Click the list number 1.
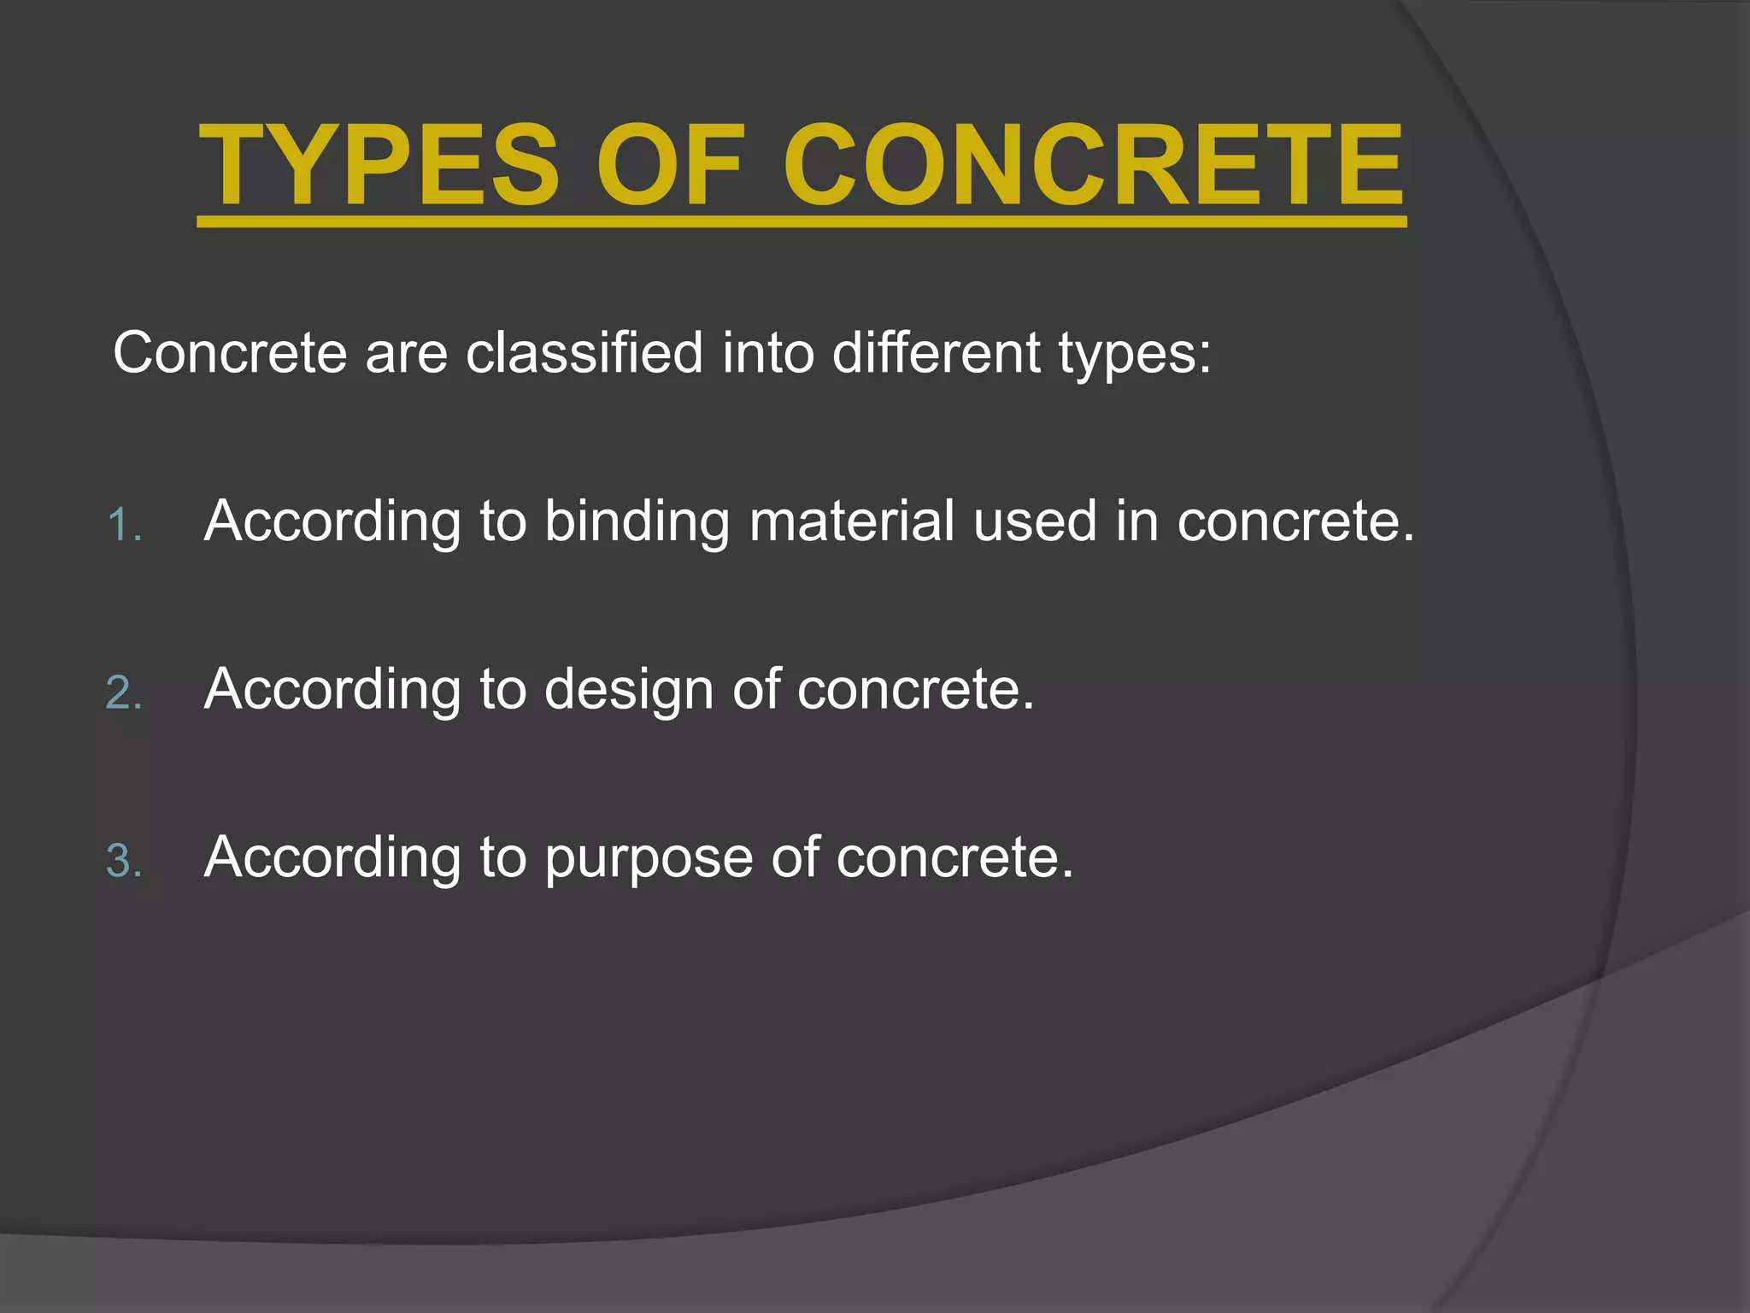[123, 525]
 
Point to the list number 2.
[123, 692]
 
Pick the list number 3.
[123, 861]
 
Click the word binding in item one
[637, 521]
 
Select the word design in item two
[629, 690]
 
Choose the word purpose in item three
[649, 859]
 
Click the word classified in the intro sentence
[584, 352]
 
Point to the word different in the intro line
[936, 352]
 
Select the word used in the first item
[1035, 521]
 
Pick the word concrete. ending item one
[1295, 521]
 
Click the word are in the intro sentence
[406, 354]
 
